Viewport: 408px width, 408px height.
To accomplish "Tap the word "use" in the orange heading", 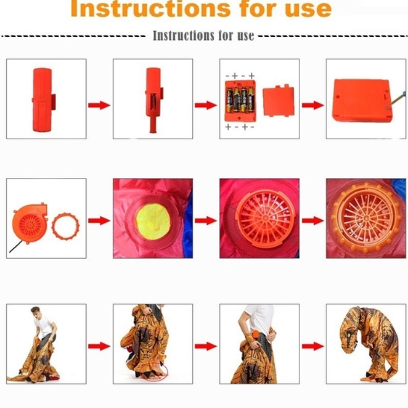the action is [x=308, y=10].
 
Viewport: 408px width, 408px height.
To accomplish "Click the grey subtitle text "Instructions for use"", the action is [x=203, y=36].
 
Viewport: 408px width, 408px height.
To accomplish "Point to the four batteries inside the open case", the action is [x=240, y=100].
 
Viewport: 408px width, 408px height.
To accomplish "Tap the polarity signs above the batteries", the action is [x=240, y=76].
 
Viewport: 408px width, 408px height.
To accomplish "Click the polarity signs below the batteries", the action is [x=240, y=127].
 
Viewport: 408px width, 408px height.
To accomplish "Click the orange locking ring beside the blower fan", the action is [x=66, y=226].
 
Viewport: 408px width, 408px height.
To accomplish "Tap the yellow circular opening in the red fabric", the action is [x=153, y=221].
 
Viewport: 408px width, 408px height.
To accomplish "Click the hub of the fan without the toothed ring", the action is [x=265, y=218].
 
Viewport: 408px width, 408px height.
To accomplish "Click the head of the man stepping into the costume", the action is [x=35, y=312].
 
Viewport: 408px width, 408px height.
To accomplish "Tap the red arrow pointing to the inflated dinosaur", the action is [x=313, y=346].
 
